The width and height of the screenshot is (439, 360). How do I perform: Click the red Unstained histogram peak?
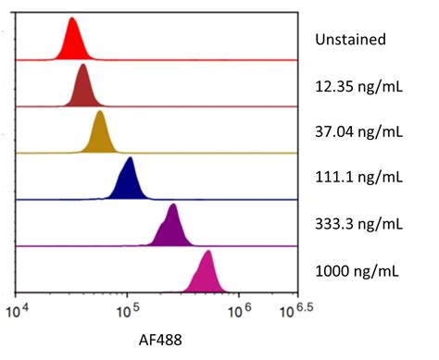pyautogui.click(x=73, y=44)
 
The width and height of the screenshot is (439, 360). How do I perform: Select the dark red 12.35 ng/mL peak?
pyautogui.click(x=84, y=90)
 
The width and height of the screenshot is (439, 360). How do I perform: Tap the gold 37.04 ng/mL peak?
pyautogui.click(x=99, y=136)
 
